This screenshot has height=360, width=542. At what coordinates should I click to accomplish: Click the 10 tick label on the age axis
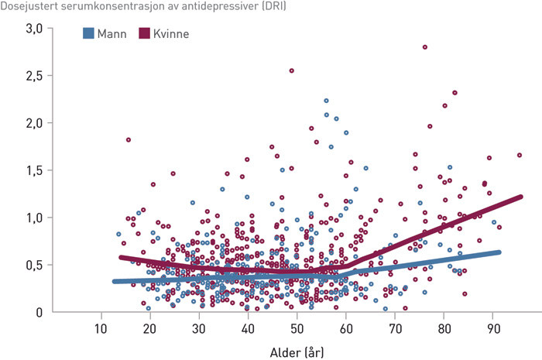[x=101, y=328]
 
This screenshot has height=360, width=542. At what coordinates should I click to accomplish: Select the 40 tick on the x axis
[x=248, y=328]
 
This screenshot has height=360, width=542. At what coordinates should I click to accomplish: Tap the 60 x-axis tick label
[x=345, y=328]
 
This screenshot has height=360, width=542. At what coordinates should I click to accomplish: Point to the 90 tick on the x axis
[x=492, y=328]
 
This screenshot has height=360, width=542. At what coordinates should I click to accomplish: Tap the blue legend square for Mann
[x=88, y=34]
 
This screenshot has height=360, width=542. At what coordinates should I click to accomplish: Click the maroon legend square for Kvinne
[x=143, y=34]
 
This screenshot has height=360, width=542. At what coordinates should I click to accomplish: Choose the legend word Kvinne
[x=171, y=34]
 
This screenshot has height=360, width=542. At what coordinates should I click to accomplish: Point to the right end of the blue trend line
[x=501, y=252]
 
